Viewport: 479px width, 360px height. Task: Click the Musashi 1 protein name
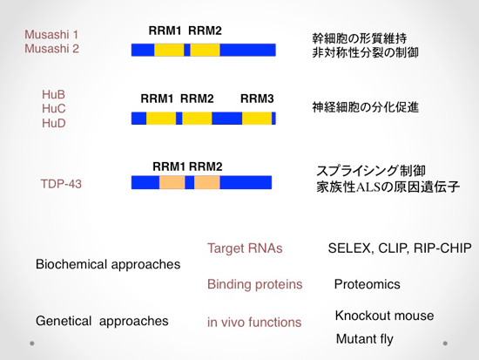[51, 35]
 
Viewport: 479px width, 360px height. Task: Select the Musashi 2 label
[51, 49]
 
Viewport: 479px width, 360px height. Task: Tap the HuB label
[53, 94]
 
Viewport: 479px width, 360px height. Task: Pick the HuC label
[54, 109]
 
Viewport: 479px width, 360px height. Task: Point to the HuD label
[54, 123]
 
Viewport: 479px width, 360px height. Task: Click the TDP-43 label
[61, 184]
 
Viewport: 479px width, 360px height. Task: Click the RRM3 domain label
[257, 98]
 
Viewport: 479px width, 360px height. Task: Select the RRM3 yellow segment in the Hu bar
[257, 119]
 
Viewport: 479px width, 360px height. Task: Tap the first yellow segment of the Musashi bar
[169, 50]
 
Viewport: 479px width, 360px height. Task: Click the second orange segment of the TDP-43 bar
[206, 182]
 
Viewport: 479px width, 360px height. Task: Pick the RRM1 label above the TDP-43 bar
[169, 166]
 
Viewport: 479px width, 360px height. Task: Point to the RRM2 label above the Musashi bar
[205, 31]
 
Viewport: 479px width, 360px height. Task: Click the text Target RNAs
[245, 248]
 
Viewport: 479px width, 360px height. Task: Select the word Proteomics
[368, 284]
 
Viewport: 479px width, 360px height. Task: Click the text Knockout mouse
[384, 316]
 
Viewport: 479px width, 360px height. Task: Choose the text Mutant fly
[364, 339]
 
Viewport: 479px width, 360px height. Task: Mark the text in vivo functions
[254, 322]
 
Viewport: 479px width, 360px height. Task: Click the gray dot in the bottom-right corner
[445, 343]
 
